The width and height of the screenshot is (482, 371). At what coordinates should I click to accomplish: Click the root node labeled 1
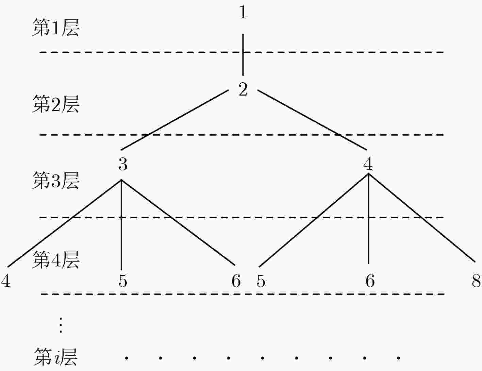(x=243, y=13)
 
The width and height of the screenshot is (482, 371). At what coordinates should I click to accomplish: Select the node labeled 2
(x=243, y=89)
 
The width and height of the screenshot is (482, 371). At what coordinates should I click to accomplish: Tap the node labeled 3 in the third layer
(x=123, y=164)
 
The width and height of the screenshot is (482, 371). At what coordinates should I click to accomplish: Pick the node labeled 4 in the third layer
(x=368, y=164)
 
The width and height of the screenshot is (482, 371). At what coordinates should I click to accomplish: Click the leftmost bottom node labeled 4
(x=5, y=281)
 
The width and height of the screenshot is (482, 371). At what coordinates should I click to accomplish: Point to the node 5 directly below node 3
(x=123, y=281)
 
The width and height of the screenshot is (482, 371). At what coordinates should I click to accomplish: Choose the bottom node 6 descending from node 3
(x=236, y=281)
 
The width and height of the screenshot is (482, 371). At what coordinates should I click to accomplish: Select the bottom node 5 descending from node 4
(x=261, y=281)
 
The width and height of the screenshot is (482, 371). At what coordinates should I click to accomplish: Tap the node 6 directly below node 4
(x=370, y=281)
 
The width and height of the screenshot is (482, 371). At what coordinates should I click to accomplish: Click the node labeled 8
(x=476, y=281)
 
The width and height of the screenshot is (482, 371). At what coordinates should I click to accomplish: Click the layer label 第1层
(x=55, y=28)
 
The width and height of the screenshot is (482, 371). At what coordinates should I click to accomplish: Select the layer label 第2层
(x=55, y=104)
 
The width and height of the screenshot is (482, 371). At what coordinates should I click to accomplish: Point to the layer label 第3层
(x=55, y=181)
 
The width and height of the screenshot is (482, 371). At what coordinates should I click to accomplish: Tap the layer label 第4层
(x=55, y=260)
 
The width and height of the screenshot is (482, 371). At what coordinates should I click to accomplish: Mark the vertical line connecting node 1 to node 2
(x=243, y=55)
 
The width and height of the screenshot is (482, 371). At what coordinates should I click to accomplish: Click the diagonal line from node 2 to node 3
(x=174, y=120)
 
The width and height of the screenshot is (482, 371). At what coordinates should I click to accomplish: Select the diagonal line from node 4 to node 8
(x=422, y=218)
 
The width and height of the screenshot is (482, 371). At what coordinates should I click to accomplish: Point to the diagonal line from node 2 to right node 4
(x=312, y=120)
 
